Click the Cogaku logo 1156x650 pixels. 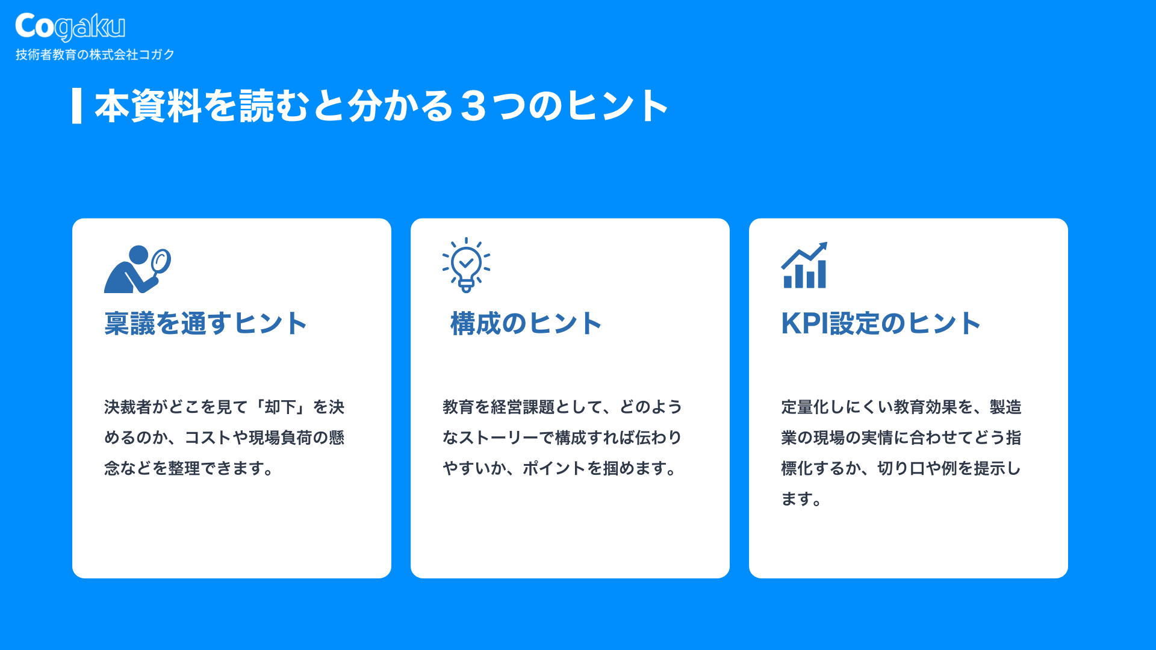70,26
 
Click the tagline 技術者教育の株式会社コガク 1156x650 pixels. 95,55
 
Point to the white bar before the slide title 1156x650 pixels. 76,106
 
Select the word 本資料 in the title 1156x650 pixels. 149,106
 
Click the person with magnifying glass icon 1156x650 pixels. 137,268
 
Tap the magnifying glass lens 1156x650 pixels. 161,261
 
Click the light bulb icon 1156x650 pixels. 466,265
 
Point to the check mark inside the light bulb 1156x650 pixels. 466,262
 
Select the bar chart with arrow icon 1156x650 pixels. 804,265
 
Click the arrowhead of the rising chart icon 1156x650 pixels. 821,247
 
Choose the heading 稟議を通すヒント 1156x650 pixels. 205,323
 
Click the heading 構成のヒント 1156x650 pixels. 526,323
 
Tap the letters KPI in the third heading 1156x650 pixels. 805,323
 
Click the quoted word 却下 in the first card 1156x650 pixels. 281,407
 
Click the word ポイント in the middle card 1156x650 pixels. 554,468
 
